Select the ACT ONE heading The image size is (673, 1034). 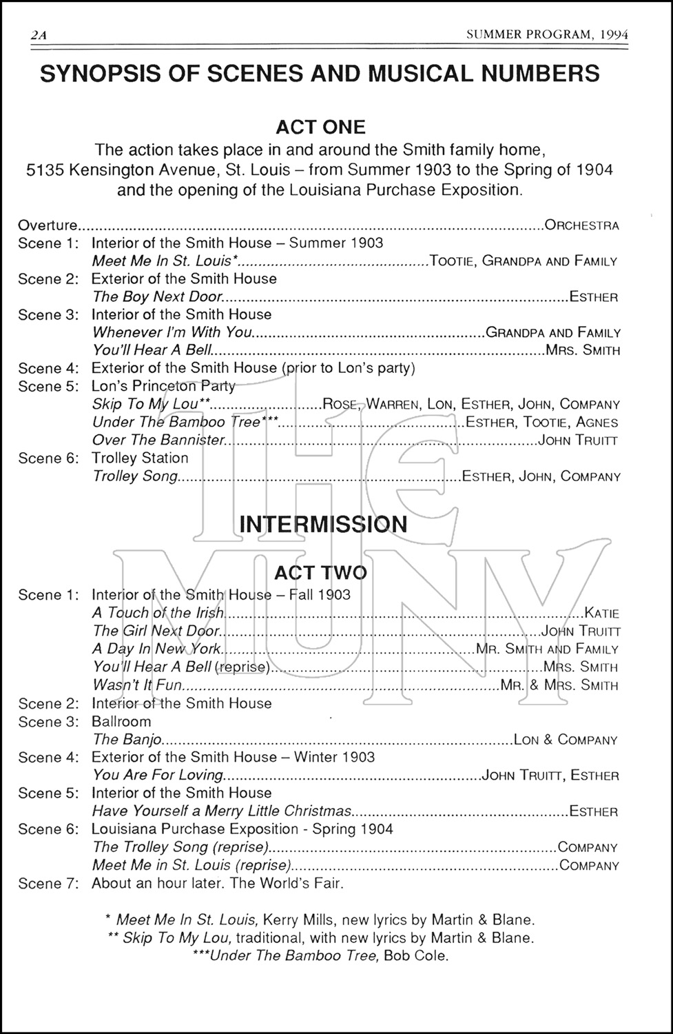point(320,127)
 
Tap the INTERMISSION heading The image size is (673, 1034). point(323,524)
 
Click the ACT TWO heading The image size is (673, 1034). point(320,573)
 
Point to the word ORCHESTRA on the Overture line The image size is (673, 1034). point(582,225)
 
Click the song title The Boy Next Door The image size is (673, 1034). point(157,297)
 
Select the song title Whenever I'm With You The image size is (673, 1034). point(172,333)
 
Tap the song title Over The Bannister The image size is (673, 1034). point(158,440)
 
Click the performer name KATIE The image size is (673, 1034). point(601,613)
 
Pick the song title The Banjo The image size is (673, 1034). point(127,740)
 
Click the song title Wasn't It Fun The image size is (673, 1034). point(137,685)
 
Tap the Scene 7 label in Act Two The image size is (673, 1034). point(48,883)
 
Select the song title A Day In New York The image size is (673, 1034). point(156,649)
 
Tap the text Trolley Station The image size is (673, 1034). point(140,458)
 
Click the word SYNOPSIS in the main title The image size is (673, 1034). point(95,74)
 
